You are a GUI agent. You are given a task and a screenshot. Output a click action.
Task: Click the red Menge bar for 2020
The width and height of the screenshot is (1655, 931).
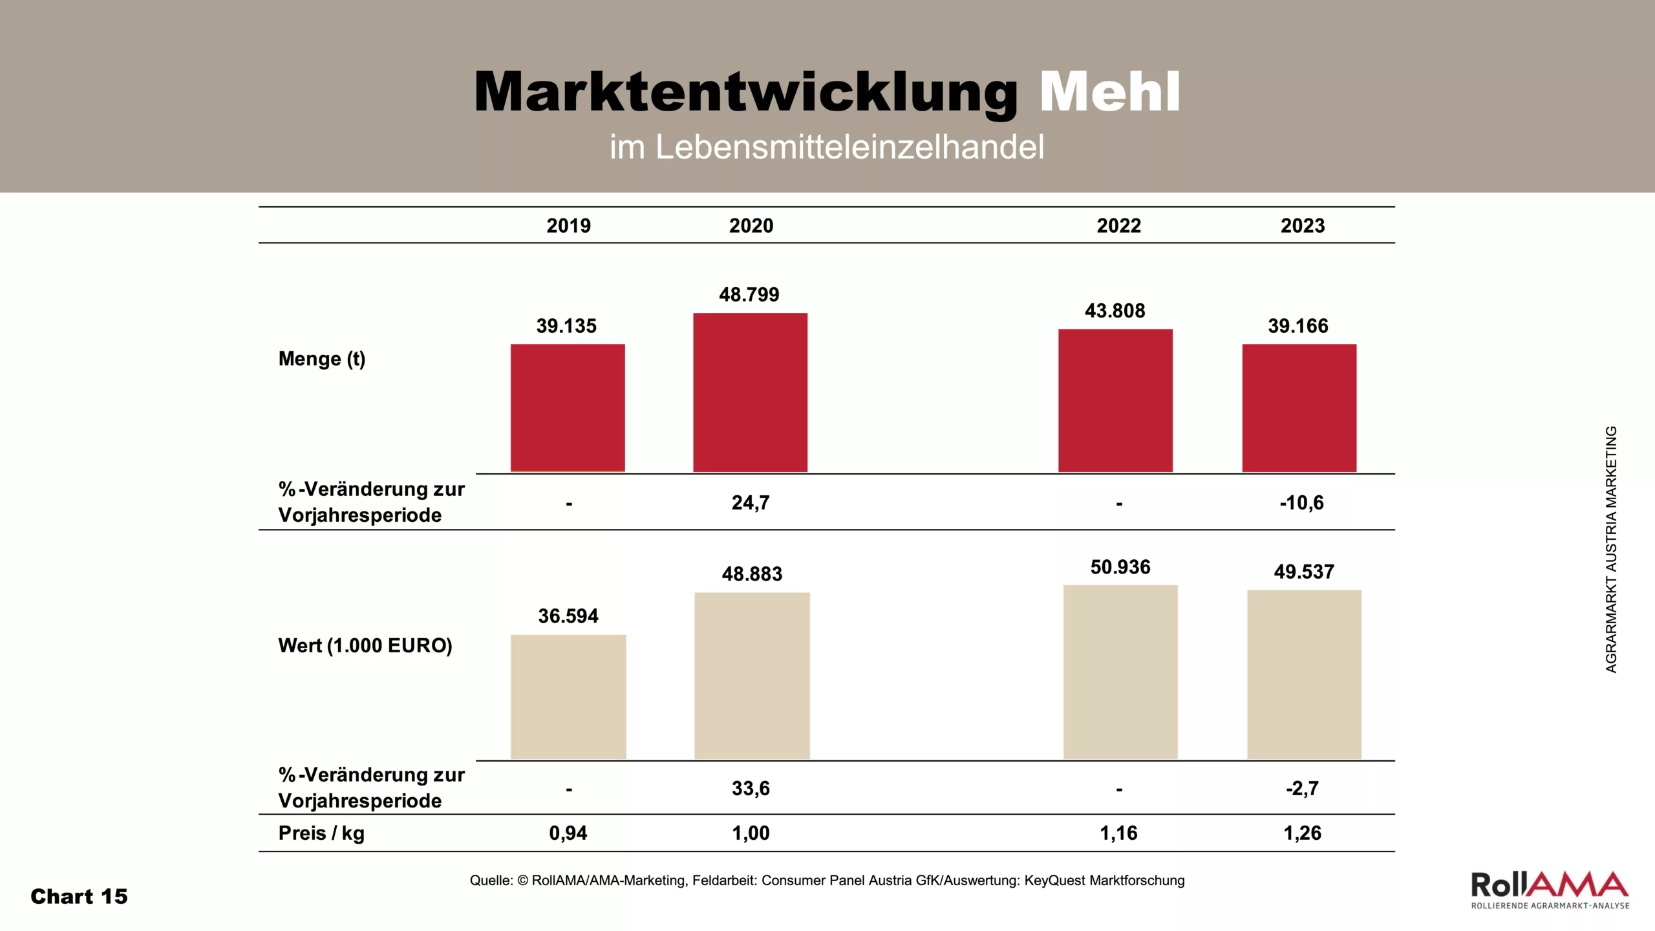coord(750,392)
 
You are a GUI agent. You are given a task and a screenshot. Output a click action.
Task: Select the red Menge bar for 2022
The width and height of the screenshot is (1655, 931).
coord(1115,400)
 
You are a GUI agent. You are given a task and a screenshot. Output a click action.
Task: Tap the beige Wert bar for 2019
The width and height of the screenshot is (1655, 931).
coord(568,696)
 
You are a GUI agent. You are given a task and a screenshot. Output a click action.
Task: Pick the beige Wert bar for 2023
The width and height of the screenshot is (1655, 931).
coord(1304,674)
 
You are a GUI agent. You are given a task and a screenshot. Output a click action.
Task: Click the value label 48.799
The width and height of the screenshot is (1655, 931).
coord(749,295)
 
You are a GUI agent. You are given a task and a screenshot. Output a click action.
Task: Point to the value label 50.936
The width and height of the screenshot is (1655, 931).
coord(1120,567)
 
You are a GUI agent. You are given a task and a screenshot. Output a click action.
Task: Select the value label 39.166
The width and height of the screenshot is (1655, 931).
coord(1298,326)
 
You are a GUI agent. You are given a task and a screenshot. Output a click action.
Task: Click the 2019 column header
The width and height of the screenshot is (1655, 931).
coord(568,226)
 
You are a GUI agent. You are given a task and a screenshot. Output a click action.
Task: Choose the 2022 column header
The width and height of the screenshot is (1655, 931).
coord(1118,226)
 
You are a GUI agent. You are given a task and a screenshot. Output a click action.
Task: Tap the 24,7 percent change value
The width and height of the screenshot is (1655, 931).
coord(751,502)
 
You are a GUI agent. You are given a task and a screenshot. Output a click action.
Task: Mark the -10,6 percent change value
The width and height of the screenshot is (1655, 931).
coord(1301,502)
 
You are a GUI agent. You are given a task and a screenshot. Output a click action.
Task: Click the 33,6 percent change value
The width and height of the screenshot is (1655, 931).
coord(751,788)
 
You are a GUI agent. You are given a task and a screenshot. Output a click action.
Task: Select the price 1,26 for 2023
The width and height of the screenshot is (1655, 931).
coord(1302,833)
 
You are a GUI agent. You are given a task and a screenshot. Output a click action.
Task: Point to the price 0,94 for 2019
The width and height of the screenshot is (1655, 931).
coord(568,833)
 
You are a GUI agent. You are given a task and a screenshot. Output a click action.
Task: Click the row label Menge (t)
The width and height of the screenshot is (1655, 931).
coord(322,359)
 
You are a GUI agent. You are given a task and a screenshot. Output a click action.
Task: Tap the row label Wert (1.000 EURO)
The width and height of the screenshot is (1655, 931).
coord(365,645)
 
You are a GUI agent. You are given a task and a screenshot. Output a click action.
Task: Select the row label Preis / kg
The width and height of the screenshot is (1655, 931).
coord(321,833)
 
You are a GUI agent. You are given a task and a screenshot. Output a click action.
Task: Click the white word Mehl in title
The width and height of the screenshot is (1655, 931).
coord(1110,92)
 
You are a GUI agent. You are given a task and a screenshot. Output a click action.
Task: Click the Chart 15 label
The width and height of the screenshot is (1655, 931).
coord(79,896)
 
